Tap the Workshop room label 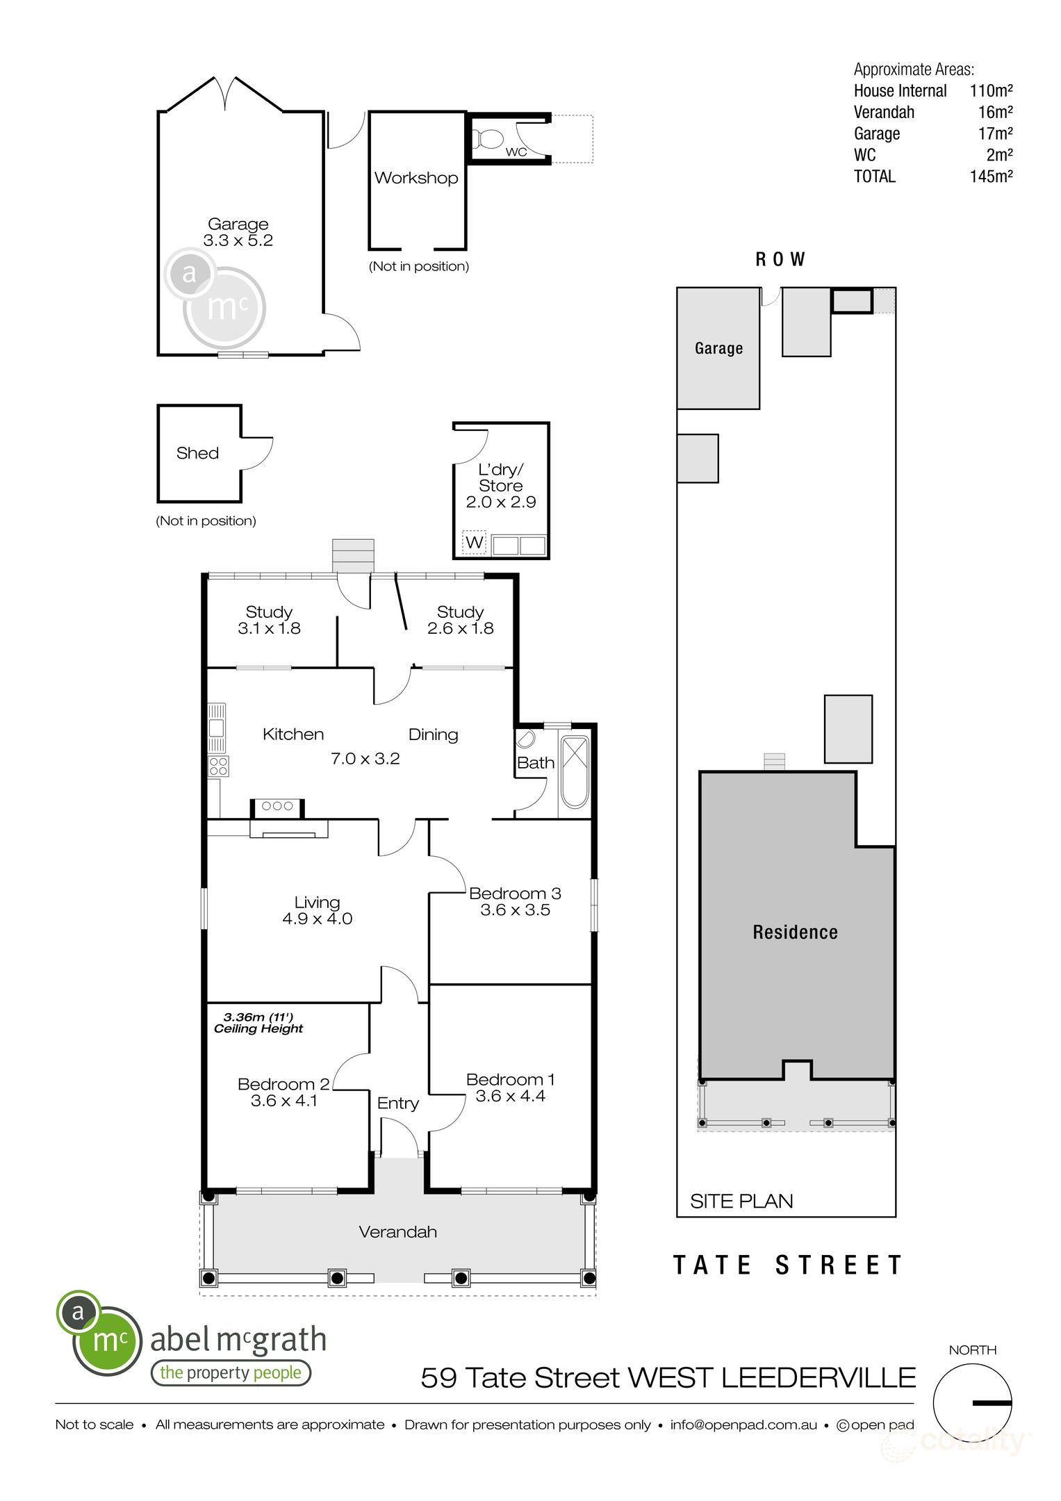[416, 178]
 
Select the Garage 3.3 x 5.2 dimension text [238, 240]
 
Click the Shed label [197, 453]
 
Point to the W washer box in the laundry [474, 542]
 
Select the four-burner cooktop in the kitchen [219, 766]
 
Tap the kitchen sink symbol [217, 728]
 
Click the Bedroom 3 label [515, 894]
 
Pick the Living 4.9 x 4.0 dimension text [317, 919]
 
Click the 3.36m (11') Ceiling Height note [258, 1023]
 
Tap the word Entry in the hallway [398, 1103]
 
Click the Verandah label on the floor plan [397, 1232]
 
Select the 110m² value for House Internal [991, 90]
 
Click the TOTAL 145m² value [991, 177]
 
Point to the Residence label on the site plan [795, 932]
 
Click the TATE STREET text [788, 1265]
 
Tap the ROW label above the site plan [780, 259]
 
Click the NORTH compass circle [972, 1403]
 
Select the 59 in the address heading [438, 1377]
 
